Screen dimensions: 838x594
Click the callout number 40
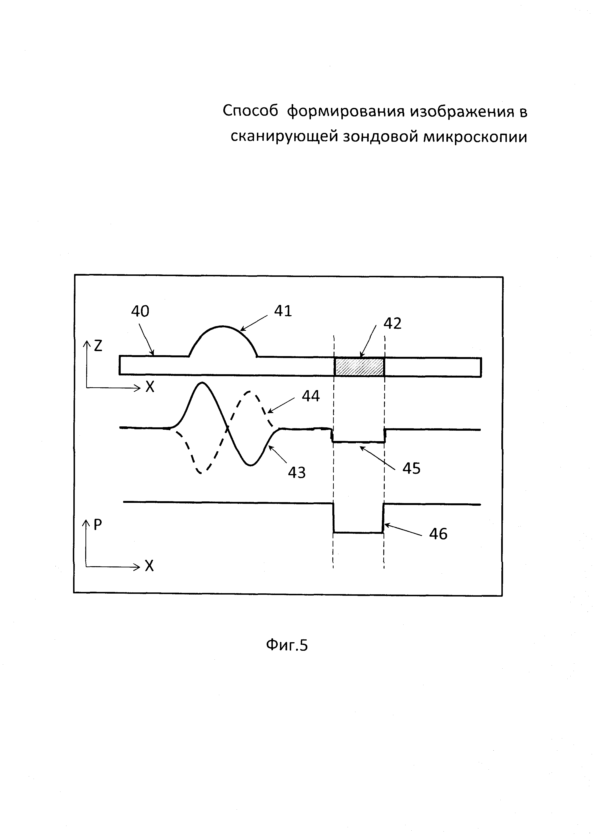click(x=140, y=311)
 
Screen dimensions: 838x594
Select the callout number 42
click(x=392, y=323)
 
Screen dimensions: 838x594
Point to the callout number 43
click(x=297, y=473)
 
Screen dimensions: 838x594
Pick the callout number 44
click(x=310, y=396)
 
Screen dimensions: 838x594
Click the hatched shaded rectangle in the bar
click(x=359, y=367)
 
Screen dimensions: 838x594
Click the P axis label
click(x=98, y=525)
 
